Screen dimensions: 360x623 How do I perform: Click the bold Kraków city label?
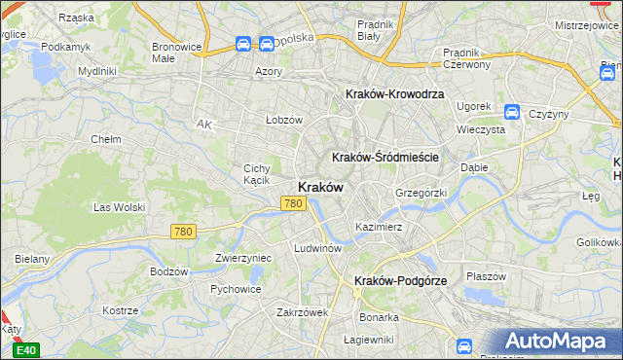pos(318,187)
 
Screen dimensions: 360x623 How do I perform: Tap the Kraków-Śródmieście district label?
pos(385,157)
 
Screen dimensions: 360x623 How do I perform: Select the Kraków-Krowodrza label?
pos(395,93)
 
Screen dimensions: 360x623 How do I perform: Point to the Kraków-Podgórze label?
pos(401,280)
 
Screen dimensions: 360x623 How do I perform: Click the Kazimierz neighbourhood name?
pos(379,227)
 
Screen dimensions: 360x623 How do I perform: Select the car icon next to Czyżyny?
pos(512,113)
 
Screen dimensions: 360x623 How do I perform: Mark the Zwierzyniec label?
pos(242,258)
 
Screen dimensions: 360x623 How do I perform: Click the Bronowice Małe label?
pos(176,53)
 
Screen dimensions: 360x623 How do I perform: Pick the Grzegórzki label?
pos(421,193)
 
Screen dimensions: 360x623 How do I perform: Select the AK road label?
pos(203,125)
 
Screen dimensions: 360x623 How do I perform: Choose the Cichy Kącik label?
pos(256,174)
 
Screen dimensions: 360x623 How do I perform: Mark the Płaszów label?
pos(486,276)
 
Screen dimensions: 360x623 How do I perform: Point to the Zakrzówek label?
pos(302,312)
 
